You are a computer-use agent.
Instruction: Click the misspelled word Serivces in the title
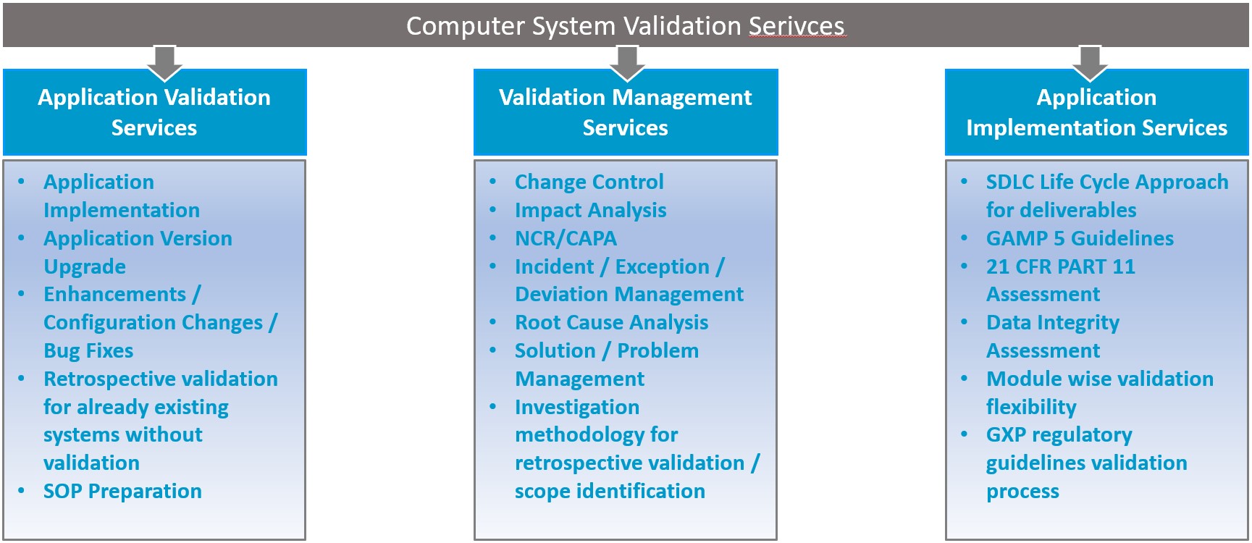pos(797,26)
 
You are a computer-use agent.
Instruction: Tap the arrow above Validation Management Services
pos(627,62)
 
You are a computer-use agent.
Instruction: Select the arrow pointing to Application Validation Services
pos(164,62)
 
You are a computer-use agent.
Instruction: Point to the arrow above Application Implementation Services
pos(1090,62)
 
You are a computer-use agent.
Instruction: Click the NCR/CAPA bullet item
pos(566,238)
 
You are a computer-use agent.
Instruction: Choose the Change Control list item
pos(589,182)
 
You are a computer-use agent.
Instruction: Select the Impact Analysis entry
pos(590,211)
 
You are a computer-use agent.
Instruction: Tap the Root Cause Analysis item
pos(611,323)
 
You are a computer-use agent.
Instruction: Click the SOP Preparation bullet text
pos(122,491)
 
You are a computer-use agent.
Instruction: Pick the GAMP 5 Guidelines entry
pos(1080,238)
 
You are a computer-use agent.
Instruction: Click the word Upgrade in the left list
pos(85,267)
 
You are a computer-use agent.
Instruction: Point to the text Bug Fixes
pos(88,351)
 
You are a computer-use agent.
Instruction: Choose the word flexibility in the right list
pos(1031,408)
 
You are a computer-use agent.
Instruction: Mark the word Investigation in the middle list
pos(577,408)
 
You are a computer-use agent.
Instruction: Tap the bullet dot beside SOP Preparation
pos(22,491)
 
